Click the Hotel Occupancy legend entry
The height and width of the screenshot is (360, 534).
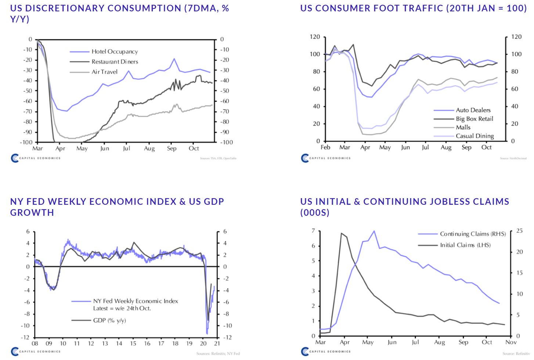(115, 52)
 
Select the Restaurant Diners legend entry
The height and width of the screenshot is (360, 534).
(115, 62)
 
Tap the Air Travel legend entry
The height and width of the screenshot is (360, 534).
(104, 72)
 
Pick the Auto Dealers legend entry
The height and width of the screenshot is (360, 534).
(473, 110)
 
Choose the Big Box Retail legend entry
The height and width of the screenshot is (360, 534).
(475, 119)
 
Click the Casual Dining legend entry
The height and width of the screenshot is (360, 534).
(475, 136)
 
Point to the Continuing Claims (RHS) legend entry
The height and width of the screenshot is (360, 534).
(473, 234)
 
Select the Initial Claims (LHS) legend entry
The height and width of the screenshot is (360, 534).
(465, 245)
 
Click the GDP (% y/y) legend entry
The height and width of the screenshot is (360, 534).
(109, 320)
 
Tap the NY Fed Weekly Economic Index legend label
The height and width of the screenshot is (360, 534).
(135, 301)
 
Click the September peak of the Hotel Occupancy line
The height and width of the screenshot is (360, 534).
(174, 59)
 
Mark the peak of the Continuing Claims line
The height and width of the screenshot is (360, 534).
(374, 231)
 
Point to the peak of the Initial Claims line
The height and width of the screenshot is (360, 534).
(342, 233)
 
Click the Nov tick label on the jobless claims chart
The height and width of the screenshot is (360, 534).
(511, 342)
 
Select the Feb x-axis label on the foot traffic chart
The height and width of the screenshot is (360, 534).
(325, 148)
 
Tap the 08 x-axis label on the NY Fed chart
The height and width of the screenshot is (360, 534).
(35, 344)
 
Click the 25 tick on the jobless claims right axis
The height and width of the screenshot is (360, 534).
(519, 231)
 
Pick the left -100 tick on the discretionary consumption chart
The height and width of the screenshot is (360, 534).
(27, 142)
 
